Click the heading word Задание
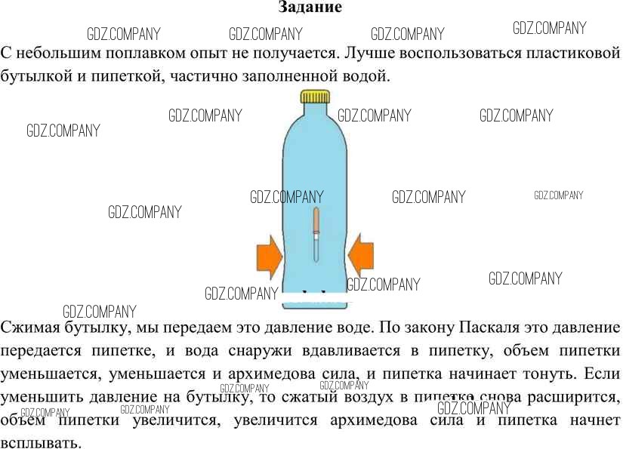pyautogui.click(x=310, y=8)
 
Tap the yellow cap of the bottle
pyautogui.click(x=315, y=97)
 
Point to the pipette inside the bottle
pyautogui.click(x=316, y=234)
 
